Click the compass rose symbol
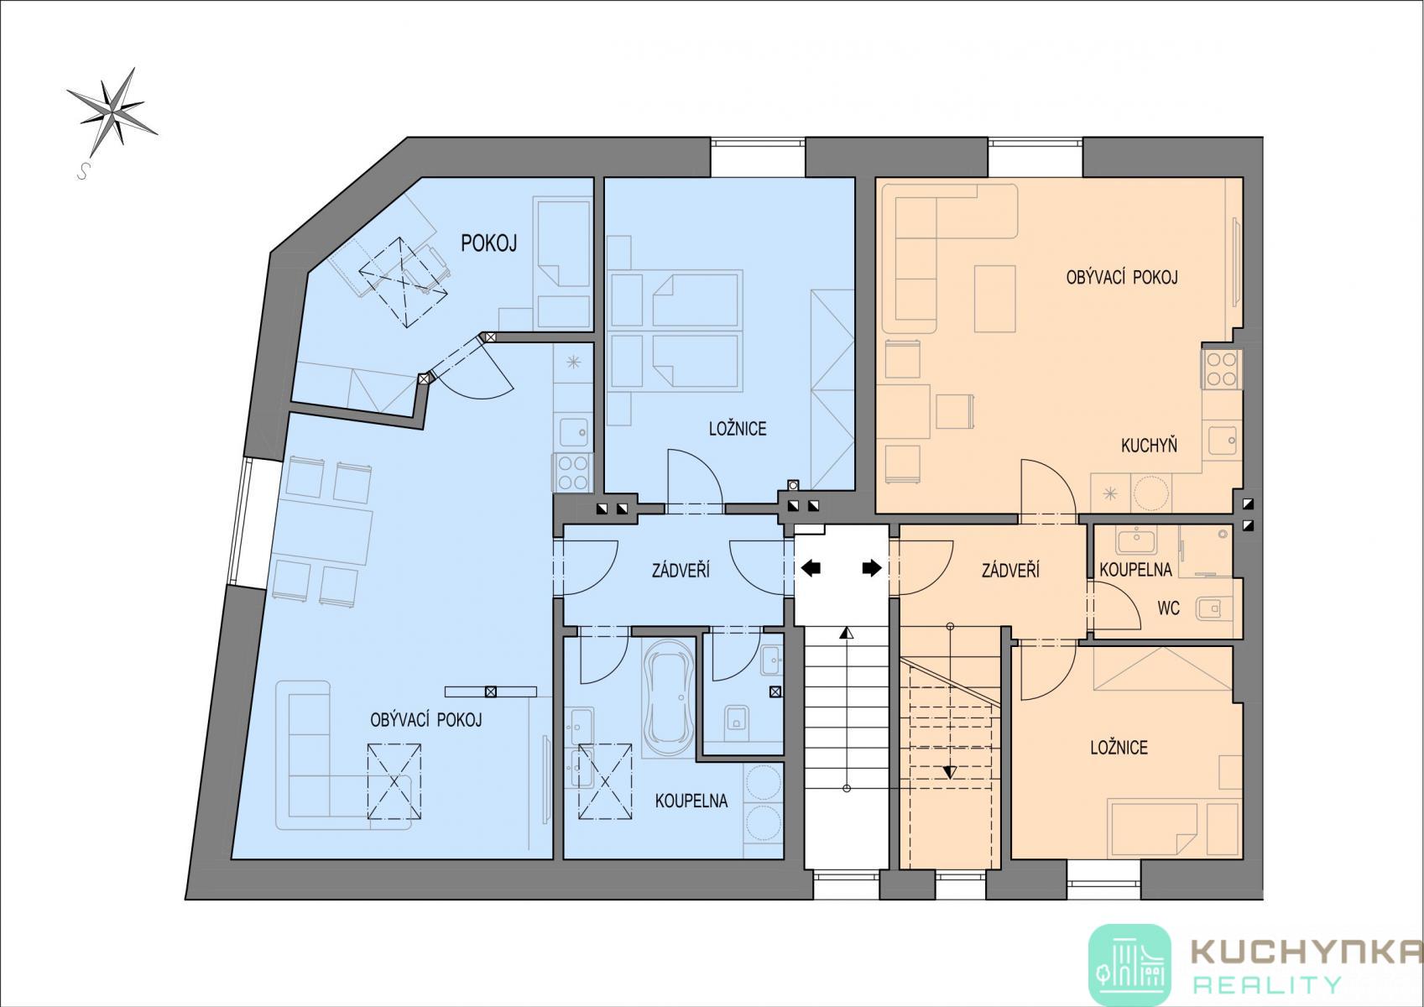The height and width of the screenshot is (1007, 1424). [112, 112]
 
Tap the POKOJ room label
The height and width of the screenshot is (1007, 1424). [489, 243]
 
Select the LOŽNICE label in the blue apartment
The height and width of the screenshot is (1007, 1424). [738, 429]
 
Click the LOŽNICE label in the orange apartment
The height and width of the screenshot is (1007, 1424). [1119, 747]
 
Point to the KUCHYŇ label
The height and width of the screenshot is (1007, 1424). [1149, 445]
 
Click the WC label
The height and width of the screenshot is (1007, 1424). [1168, 608]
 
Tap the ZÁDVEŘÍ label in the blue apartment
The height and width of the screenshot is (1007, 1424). [681, 571]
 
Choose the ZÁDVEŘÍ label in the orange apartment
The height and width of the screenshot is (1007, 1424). [1011, 570]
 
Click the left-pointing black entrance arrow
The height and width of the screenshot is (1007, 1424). [811, 568]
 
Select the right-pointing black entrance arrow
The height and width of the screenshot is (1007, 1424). [872, 568]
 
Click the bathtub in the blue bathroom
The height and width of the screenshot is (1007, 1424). [665, 698]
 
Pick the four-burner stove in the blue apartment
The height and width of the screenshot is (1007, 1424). [572, 473]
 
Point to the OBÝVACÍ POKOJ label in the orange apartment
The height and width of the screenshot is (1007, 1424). [1122, 277]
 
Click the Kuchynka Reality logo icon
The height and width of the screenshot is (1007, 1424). [1129, 964]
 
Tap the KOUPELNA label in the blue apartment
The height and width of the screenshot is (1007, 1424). [691, 801]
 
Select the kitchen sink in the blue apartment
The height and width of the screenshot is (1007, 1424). [573, 431]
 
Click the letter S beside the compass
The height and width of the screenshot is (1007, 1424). [82, 171]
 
